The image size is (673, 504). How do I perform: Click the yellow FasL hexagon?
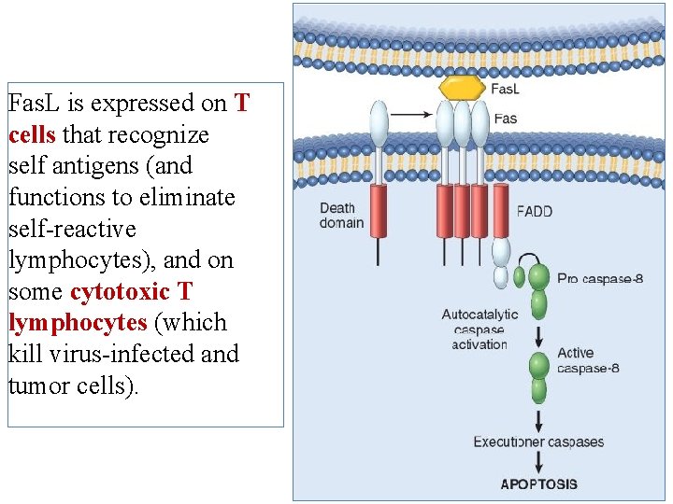tap(462, 87)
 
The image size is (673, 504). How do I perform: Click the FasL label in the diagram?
tap(506, 90)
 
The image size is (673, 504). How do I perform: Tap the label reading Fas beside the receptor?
tap(505, 119)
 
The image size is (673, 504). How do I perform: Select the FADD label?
tap(534, 211)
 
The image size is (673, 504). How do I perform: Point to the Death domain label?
tap(342, 216)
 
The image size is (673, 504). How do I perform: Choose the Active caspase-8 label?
tap(588, 360)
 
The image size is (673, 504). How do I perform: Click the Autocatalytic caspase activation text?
tap(479, 329)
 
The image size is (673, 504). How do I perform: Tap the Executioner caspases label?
tap(538, 441)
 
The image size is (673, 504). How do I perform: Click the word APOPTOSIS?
tap(538, 484)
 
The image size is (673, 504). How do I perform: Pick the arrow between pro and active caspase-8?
tap(539, 335)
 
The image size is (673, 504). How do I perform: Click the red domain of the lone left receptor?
tap(379, 211)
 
